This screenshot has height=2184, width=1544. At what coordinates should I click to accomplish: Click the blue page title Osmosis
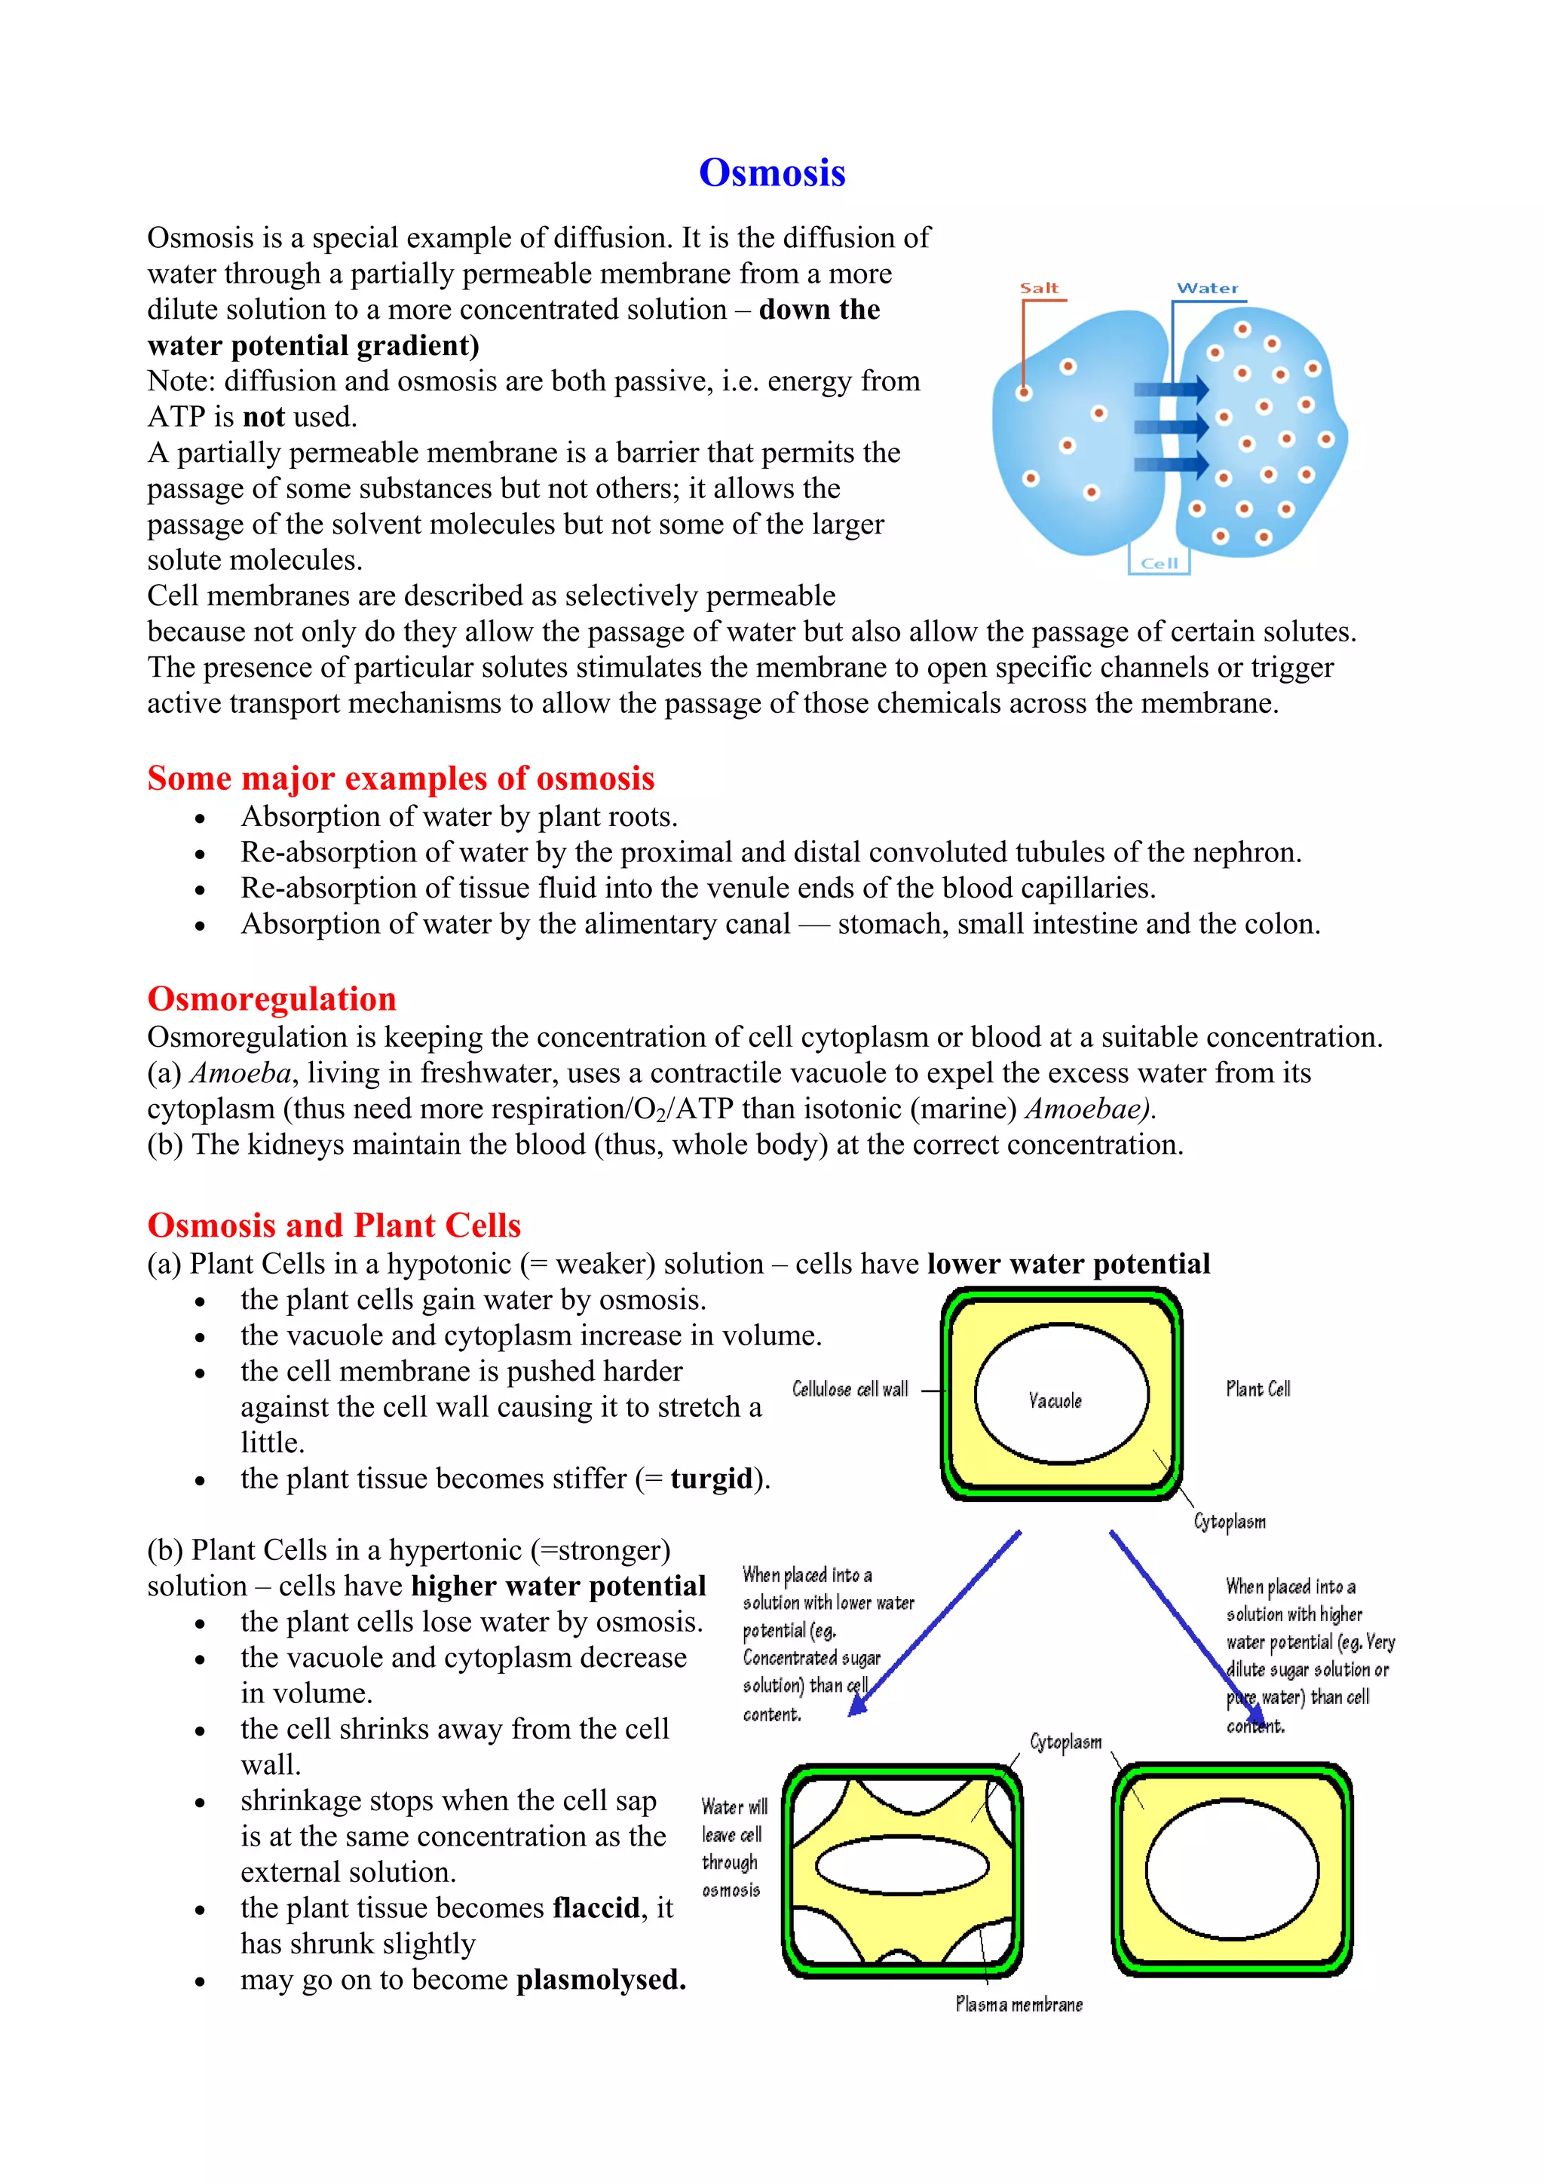click(x=771, y=173)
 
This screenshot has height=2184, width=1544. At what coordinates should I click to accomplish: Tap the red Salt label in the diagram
click(x=1039, y=288)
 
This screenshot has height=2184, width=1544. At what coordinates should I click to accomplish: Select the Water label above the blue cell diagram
click(x=1207, y=288)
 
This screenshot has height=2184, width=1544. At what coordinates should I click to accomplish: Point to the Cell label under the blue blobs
click(x=1159, y=563)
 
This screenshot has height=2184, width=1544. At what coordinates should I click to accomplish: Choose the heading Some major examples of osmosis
click(x=400, y=778)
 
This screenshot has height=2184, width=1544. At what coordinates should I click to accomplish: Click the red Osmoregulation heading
click(x=271, y=999)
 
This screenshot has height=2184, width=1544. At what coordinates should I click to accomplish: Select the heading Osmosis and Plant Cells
click(x=334, y=1225)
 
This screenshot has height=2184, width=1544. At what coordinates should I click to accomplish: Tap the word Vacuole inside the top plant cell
click(x=1055, y=1400)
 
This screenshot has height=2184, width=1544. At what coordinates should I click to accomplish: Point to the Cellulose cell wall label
click(x=850, y=1390)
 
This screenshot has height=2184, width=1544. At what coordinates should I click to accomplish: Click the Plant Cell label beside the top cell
click(x=1258, y=1389)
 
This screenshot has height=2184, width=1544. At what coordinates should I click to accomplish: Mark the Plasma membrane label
click(x=1019, y=2004)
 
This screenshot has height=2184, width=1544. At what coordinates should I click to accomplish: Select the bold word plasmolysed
click(x=600, y=1980)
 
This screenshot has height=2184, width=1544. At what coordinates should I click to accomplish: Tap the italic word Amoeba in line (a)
click(x=240, y=1073)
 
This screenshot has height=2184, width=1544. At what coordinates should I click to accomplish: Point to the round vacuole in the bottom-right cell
click(x=1232, y=1869)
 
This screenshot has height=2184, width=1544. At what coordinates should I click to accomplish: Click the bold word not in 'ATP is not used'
click(x=264, y=417)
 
